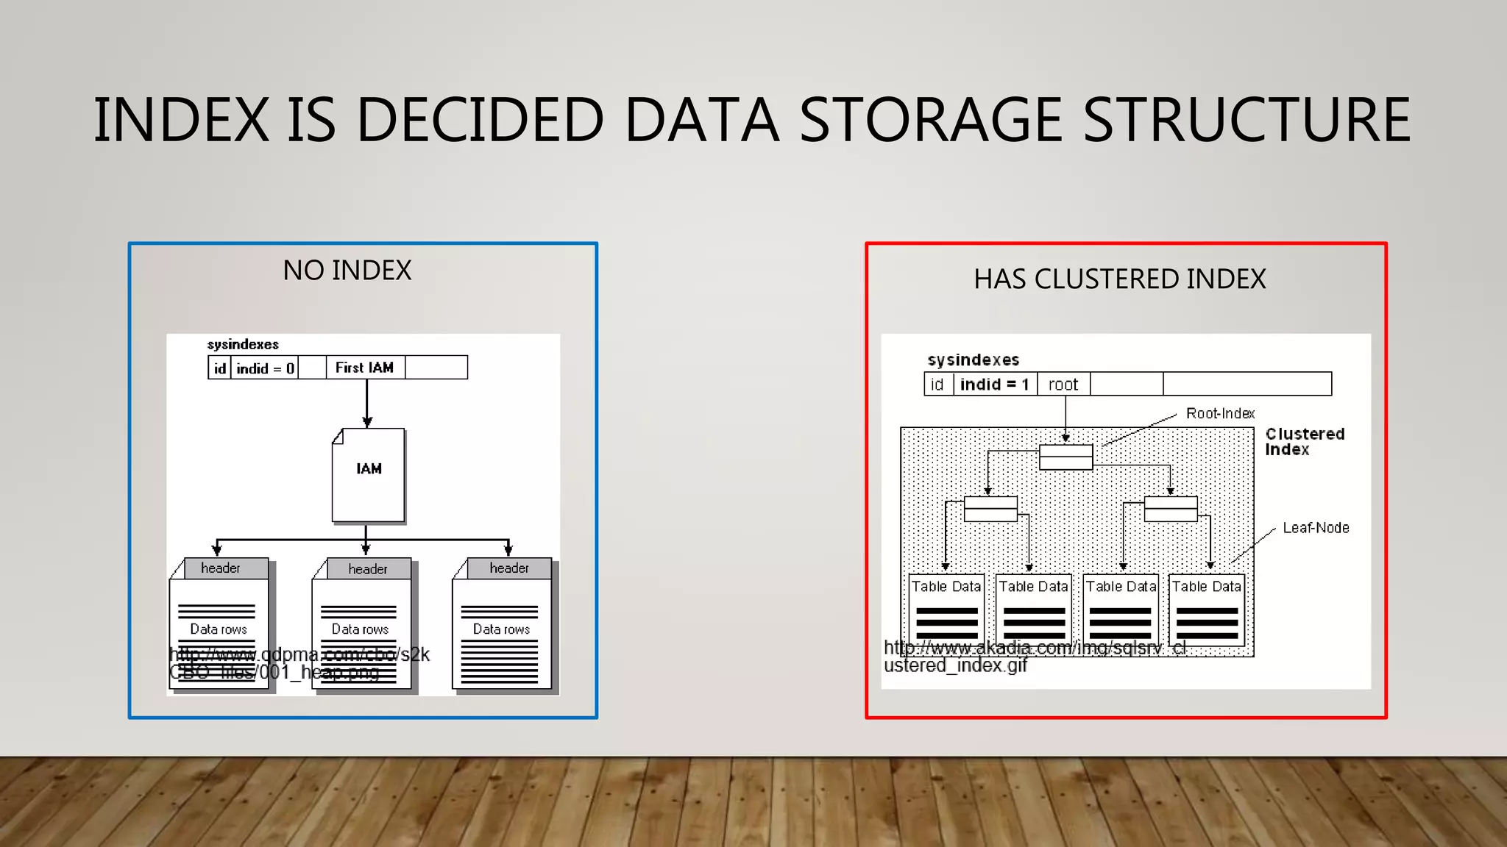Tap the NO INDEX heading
(347, 271)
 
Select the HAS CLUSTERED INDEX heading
(1119, 279)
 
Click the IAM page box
(368, 475)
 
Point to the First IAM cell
(364, 368)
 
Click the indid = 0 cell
(265, 368)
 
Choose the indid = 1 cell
(994, 385)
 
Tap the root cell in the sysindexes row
(1063, 385)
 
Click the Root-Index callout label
(1219, 413)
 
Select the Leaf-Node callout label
(1315, 528)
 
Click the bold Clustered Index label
(1304, 442)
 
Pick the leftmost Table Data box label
(946, 587)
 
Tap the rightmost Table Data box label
(1206, 587)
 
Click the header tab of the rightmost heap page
(508, 568)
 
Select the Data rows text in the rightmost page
(501, 629)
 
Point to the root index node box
(1065, 457)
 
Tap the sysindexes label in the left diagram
(243, 344)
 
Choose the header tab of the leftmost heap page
(220, 568)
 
